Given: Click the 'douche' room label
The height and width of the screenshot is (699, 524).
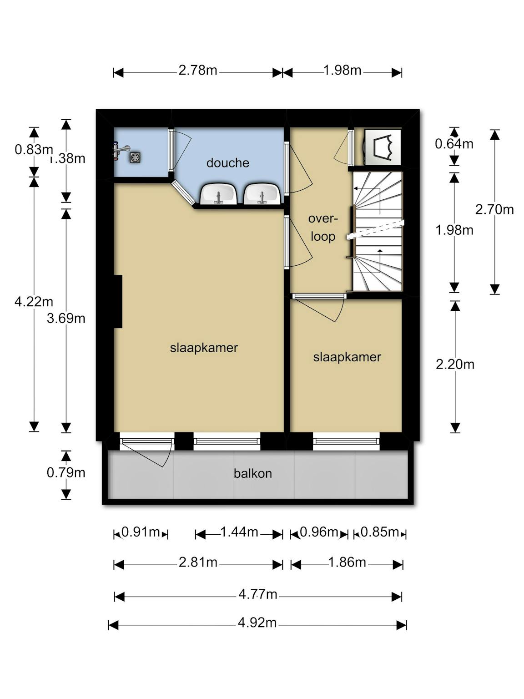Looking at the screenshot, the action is pyautogui.click(x=227, y=163).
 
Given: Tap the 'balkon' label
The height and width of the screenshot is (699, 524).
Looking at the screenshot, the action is pyautogui.click(x=252, y=473).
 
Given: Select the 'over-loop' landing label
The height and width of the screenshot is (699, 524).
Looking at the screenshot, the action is pyautogui.click(x=323, y=228).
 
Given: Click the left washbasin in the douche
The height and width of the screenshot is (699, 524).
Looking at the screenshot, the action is pyautogui.click(x=218, y=194).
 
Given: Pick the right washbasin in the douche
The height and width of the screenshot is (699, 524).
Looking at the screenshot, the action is pyautogui.click(x=262, y=194).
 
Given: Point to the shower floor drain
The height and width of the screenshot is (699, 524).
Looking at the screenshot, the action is pyautogui.click(x=135, y=157).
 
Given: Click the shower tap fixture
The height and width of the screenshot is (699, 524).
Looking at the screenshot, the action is pyautogui.click(x=120, y=151).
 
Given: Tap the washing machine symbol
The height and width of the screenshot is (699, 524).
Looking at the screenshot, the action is pyautogui.click(x=383, y=147).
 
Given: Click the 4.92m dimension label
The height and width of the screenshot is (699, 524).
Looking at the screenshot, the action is pyautogui.click(x=257, y=622).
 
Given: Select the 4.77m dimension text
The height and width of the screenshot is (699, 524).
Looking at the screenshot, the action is pyautogui.click(x=258, y=594).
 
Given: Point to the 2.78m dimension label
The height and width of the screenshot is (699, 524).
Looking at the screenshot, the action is pyautogui.click(x=197, y=70).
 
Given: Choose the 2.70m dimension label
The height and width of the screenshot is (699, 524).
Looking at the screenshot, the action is pyautogui.click(x=494, y=209).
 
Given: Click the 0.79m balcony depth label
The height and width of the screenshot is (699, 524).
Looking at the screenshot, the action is pyautogui.click(x=66, y=472).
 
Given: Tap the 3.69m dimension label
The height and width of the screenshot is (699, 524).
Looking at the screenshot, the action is pyautogui.click(x=66, y=318).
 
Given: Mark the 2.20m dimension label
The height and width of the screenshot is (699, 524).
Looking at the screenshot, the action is pyautogui.click(x=455, y=365).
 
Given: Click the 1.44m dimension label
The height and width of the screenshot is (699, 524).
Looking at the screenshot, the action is pyautogui.click(x=239, y=532).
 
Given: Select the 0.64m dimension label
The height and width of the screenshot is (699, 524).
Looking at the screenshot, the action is pyautogui.click(x=454, y=144).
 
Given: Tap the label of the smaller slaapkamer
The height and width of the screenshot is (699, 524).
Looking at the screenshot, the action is pyautogui.click(x=347, y=357).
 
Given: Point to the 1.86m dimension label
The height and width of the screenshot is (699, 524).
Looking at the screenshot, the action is pyautogui.click(x=347, y=562).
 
